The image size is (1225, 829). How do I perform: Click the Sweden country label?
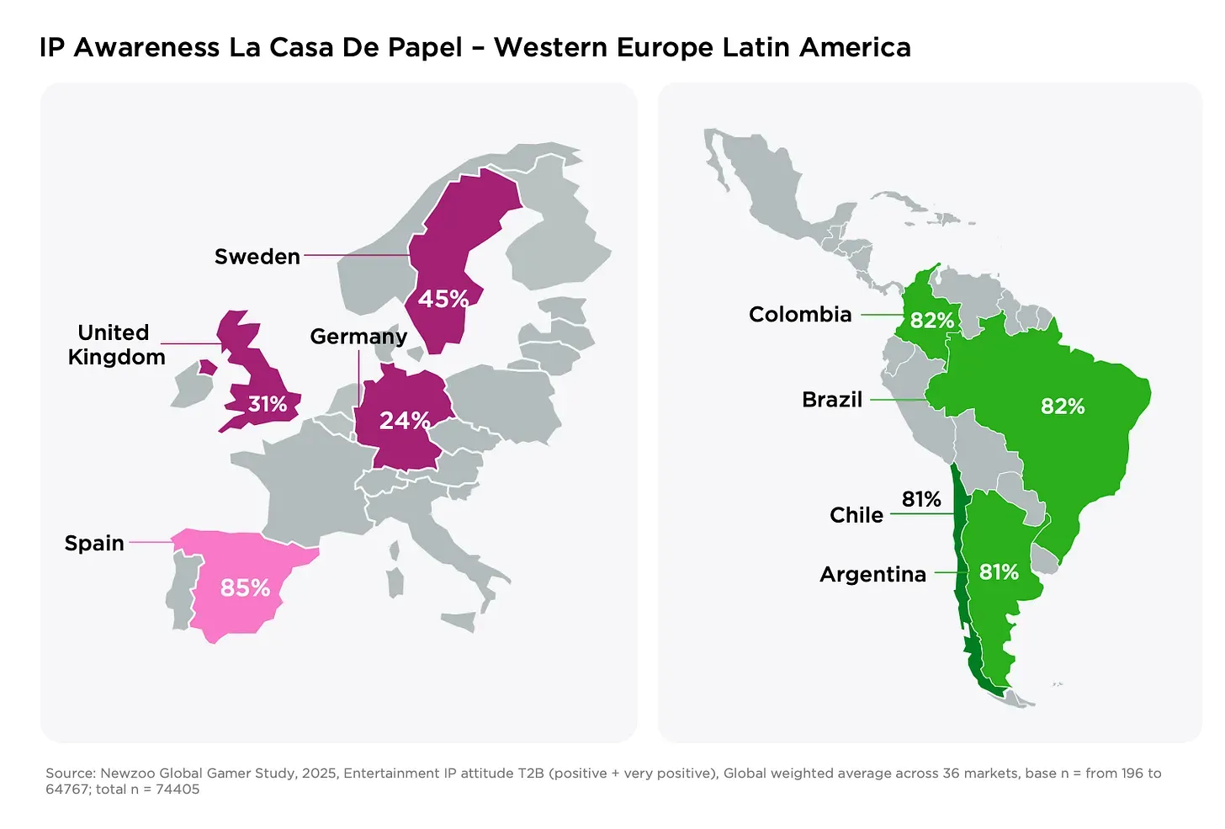pos(257,257)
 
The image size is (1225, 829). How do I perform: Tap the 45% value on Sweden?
pos(443,299)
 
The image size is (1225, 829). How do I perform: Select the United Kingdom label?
pos(115,345)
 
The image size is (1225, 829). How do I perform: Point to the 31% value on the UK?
pos(268,404)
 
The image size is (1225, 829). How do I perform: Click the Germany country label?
pos(358,337)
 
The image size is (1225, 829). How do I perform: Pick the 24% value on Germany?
pos(405,420)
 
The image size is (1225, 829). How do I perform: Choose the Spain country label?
pos(94,544)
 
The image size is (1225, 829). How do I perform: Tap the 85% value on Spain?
pos(245,587)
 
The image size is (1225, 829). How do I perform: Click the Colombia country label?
pos(800,315)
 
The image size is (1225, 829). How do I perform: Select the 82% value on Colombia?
pos(932,321)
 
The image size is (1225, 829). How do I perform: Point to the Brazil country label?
pos(832,400)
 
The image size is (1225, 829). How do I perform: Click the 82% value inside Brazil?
pos(1063,407)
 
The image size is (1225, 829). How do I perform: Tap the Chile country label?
pos(856,515)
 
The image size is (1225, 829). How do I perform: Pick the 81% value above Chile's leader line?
pos(921,499)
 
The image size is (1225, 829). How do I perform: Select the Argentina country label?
pos(872,575)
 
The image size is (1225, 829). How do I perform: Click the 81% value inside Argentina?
pos(999,572)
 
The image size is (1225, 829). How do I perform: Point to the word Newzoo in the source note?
pos(126,773)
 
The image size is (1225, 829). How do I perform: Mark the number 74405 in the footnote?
pos(178,789)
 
